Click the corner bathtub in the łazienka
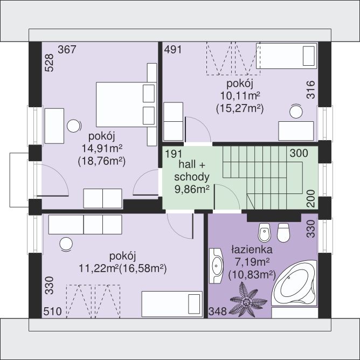[x=295, y=284]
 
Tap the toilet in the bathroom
[x=283, y=232]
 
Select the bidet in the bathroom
[x=265, y=232]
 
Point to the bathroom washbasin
[x=216, y=266]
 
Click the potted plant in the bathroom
[x=248, y=300]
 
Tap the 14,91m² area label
[x=102, y=149]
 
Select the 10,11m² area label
[x=240, y=96]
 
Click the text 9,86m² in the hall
[x=192, y=189]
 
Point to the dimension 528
[x=49, y=63]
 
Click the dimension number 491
[x=173, y=50]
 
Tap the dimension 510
[x=53, y=311]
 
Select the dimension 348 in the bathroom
[x=217, y=311]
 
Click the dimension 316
[x=311, y=90]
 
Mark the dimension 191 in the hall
[x=174, y=154]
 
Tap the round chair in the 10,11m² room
[x=296, y=112]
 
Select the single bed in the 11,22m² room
[x=172, y=304]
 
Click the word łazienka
[x=252, y=250]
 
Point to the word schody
[x=192, y=177]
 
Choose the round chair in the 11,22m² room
[x=66, y=244]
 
